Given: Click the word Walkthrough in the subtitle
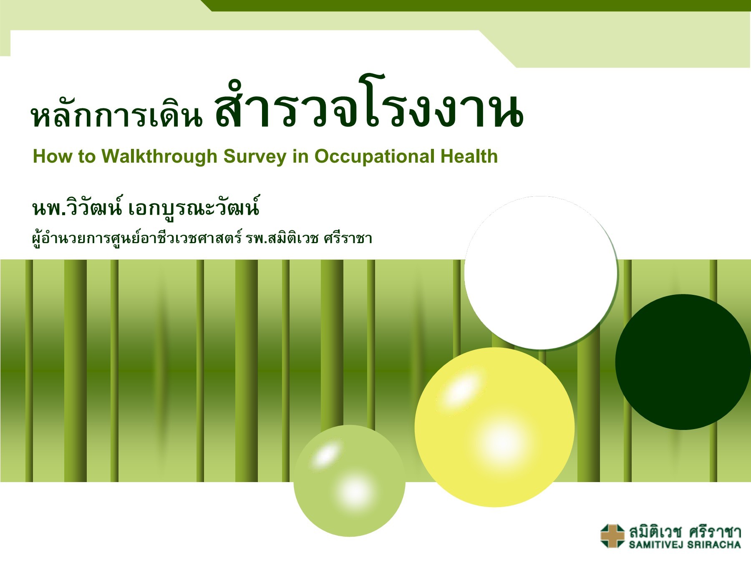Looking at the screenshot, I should pos(159,156).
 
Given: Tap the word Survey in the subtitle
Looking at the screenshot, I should pos(255,156).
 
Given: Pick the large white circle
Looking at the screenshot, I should pos(541,272).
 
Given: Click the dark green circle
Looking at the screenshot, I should pos(683,362).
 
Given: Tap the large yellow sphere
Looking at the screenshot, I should pos(494,427).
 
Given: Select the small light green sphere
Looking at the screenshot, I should pos(349,480).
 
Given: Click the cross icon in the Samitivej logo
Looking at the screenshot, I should pos(612,535).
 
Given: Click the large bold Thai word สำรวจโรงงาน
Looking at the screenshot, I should pos(369,109).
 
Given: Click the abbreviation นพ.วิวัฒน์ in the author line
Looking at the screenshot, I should pos(77,208).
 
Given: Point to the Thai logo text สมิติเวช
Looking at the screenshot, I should pos(655,532).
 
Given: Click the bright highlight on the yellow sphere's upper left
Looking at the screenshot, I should pos(461,390).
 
